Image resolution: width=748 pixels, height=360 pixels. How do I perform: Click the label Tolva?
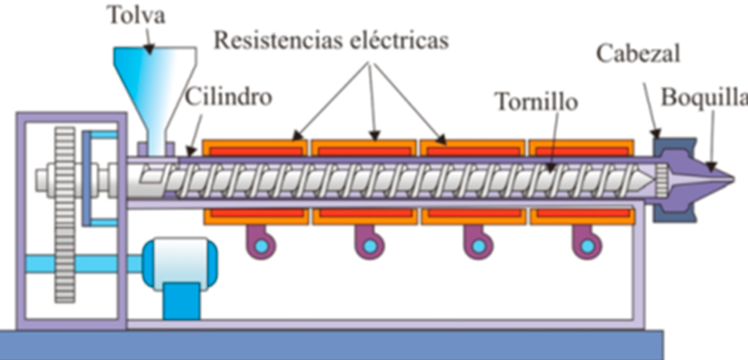pos(137,14)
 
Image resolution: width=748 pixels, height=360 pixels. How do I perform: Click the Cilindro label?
pos(228,96)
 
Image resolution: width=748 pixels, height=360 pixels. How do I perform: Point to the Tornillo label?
pos(536,101)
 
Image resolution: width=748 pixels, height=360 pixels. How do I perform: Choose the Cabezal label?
pos(638,54)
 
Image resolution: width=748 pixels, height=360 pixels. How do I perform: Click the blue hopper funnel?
pos(155,88)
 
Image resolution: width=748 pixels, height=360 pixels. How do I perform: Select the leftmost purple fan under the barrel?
pos(260,242)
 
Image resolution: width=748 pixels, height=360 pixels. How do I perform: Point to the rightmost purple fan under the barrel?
pos(585,242)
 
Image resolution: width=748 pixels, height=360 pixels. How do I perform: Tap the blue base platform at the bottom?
pos(329,344)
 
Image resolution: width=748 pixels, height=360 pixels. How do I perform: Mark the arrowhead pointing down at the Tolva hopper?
pos(148,50)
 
